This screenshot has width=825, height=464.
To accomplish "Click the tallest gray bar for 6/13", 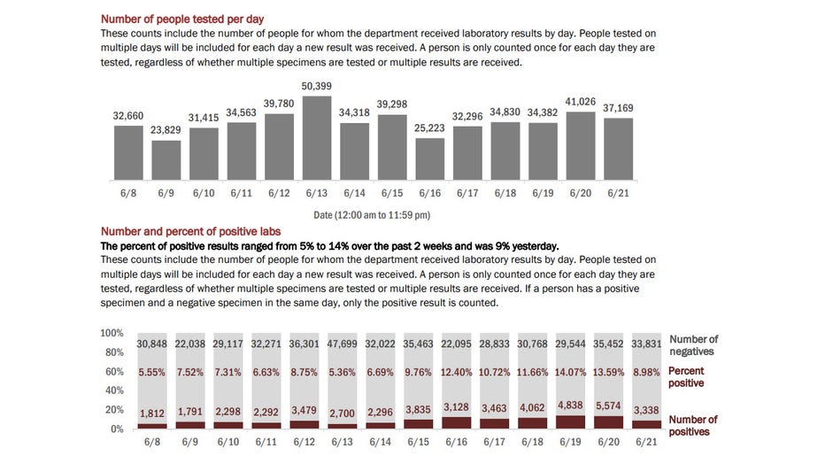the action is tap(316, 138).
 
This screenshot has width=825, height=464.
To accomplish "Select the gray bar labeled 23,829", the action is tap(166, 160).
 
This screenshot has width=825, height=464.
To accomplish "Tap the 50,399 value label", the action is tap(316, 86).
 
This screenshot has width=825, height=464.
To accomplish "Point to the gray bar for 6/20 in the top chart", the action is tap(581, 146).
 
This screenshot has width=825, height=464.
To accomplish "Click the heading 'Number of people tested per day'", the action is tap(182, 19).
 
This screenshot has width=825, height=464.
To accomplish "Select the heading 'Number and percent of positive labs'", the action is tap(190, 231).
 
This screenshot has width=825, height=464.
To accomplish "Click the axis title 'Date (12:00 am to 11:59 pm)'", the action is tap(372, 214).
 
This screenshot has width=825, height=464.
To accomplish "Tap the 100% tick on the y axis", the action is tap(112, 333).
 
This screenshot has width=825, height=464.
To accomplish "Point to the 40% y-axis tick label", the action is tap(114, 391).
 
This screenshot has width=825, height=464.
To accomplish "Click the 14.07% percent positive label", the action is tap(570, 372).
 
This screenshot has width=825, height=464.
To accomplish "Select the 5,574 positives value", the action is tap(608, 406).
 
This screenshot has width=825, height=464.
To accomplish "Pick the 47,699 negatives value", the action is tap(342, 344).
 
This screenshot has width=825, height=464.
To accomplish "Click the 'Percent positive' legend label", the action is tap(686, 376).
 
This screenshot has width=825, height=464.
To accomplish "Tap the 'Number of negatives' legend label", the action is tap(693, 345).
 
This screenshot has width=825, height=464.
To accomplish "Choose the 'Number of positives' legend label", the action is tap(693, 426).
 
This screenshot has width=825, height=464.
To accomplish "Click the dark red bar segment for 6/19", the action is tap(570, 421).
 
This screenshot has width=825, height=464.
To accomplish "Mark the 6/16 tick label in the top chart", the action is tap(430, 193).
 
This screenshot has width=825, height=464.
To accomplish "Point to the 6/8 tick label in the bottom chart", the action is tap(152, 442).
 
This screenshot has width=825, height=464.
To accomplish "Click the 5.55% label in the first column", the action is tap(151, 372).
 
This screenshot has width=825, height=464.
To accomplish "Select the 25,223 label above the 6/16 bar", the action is tap(429, 128).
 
